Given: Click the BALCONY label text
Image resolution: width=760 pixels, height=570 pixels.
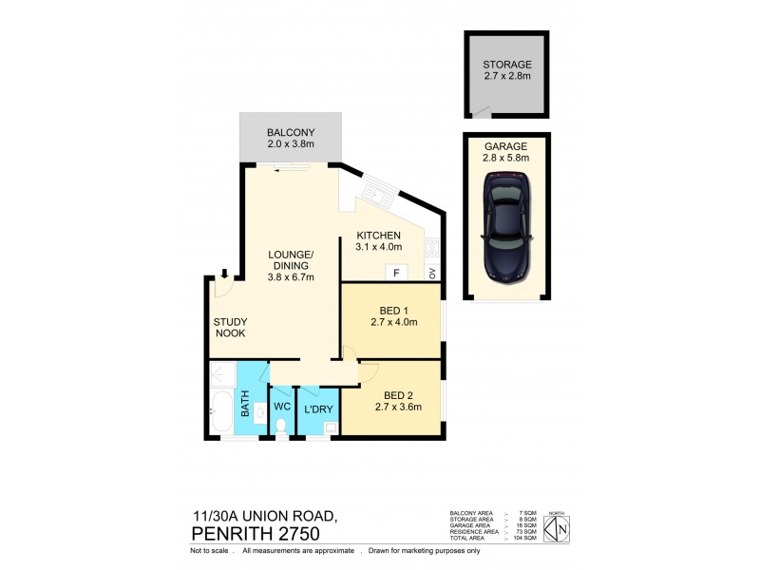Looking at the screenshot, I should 290,132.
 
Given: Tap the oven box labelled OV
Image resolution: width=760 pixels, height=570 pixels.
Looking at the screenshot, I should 432,274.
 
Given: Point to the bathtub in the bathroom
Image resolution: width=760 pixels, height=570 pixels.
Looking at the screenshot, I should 220,411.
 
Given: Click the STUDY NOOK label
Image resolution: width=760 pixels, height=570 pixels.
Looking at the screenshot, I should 230,328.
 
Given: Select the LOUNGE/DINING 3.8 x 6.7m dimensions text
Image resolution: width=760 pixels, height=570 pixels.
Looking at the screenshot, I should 290,276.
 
